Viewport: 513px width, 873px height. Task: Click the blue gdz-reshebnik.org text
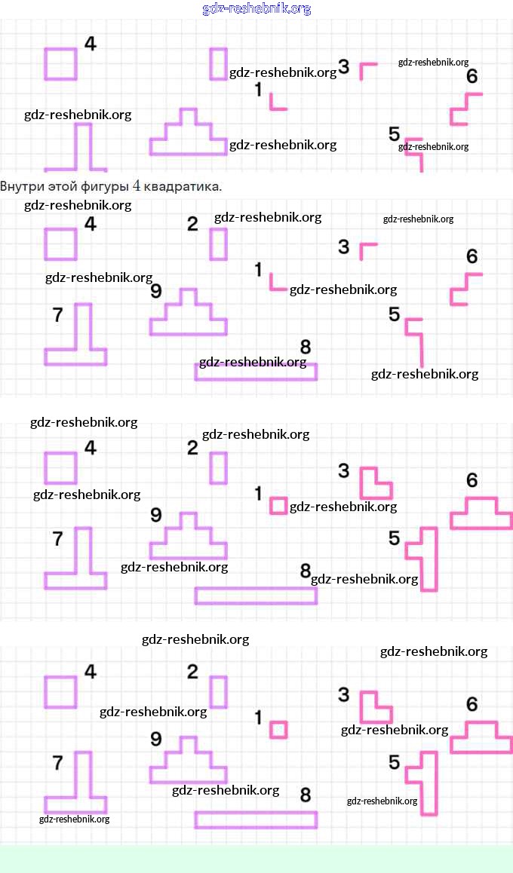256,9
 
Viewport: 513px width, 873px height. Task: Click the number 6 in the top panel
472,76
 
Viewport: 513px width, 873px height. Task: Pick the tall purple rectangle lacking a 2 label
219,63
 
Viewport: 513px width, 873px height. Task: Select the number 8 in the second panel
306,347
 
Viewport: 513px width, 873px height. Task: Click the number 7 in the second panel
57,314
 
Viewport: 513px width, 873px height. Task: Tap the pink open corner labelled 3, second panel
367,249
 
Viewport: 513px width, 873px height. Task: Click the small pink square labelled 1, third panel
278,505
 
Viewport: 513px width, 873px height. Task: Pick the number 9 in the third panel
156,515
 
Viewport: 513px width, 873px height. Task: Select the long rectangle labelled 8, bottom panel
256,819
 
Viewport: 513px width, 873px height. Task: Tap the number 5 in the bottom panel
394,763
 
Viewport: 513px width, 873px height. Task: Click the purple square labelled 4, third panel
61,468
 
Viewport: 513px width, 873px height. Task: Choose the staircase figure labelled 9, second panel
188,315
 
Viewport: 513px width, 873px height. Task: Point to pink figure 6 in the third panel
481,515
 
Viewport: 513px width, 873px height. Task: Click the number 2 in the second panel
192,224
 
